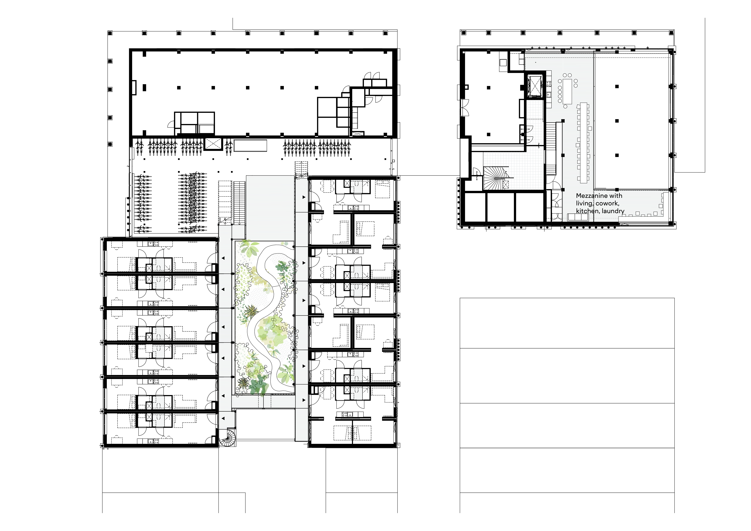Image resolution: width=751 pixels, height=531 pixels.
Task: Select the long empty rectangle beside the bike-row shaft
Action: click(250, 145)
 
